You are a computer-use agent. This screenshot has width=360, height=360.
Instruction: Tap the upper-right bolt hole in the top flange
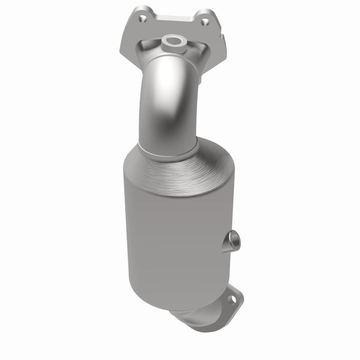pos(205,22)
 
